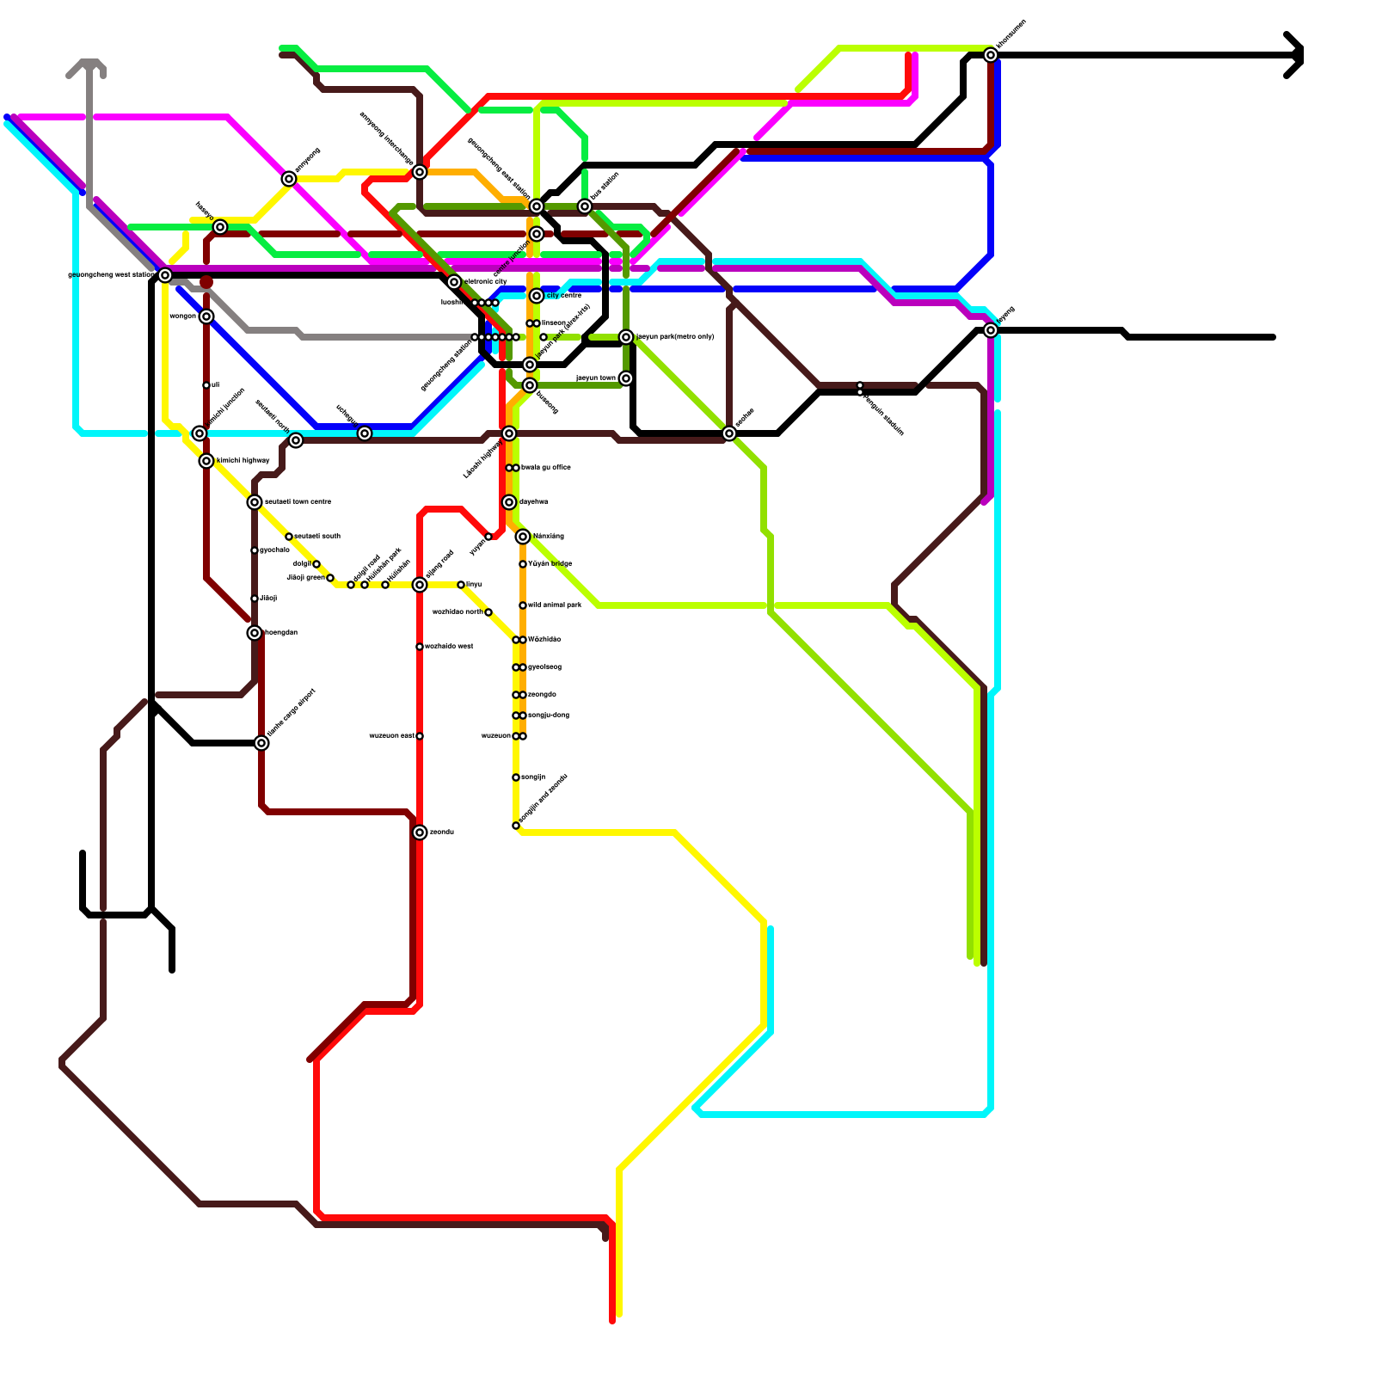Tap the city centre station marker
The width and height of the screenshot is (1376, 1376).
[537, 296]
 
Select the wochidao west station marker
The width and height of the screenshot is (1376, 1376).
[420, 647]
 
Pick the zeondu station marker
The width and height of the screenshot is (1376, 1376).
[420, 832]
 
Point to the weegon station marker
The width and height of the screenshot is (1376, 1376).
[206, 316]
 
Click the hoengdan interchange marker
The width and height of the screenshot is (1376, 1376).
[255, 633]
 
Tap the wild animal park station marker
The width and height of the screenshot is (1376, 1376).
[523, 605]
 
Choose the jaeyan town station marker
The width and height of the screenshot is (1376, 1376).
[626, 378]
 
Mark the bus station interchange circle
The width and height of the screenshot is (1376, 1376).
[585, 206]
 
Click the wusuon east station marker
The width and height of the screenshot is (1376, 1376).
[420, 736]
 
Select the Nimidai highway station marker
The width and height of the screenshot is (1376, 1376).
[206, 461]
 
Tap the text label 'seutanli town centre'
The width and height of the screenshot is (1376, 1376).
[298, 502]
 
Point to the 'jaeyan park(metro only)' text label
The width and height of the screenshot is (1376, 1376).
[675, 337]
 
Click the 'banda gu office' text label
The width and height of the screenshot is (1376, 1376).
[546, 468]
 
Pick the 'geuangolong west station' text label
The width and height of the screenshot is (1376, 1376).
[111, 275]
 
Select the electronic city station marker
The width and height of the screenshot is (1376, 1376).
[454, 282]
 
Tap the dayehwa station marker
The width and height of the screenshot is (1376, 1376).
[509, 502]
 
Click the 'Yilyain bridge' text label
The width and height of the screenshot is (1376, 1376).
[550, 564]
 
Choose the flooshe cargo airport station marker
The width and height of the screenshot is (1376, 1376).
[261, 743]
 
